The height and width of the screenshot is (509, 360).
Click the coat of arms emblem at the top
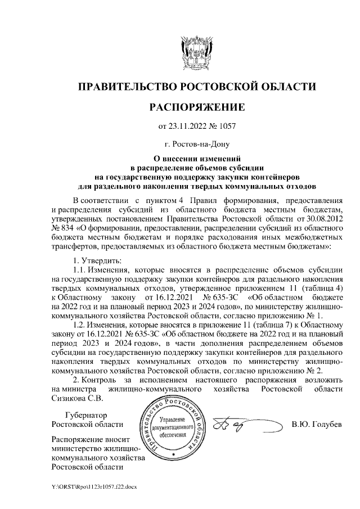[197, 53]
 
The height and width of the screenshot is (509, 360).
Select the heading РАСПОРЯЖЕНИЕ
[197, 107]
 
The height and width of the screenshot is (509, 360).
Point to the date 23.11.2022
[188, 127]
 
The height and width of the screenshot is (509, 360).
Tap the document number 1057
[226, 127]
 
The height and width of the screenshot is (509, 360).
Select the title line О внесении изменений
[197, 159]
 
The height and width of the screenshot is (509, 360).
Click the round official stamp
[173, 427]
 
